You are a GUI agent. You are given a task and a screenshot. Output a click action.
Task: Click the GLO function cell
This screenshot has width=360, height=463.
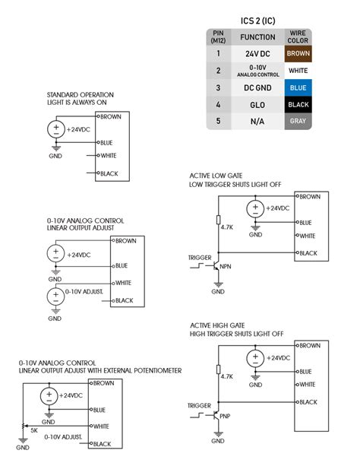tap(257, 104)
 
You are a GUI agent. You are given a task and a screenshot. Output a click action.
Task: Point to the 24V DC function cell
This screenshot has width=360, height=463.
tap(257, 54)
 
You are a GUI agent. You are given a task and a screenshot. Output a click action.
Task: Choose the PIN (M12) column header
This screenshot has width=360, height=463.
tap(218, 36)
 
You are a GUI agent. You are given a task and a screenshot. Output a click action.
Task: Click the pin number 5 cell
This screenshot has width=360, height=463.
tap(218, 120)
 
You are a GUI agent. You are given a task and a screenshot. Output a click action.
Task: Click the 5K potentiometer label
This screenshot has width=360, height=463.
tap(35, 430)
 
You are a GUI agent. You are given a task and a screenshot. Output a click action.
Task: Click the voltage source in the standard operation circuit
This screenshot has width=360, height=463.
tap(56, 128)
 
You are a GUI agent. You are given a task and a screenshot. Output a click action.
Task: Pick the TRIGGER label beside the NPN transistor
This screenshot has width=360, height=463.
tap(199, 258)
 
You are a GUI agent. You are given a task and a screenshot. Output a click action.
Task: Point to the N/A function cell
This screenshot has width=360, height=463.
tap(257, 120)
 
